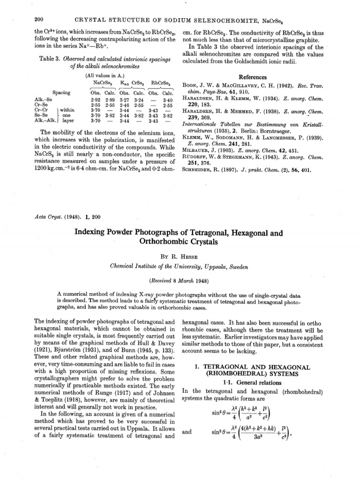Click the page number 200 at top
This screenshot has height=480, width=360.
coord(39,18)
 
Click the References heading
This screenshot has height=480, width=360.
coord(254,77)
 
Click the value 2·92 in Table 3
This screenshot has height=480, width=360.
coord(95,100)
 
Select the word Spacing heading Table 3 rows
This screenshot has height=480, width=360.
coord(62,93)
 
